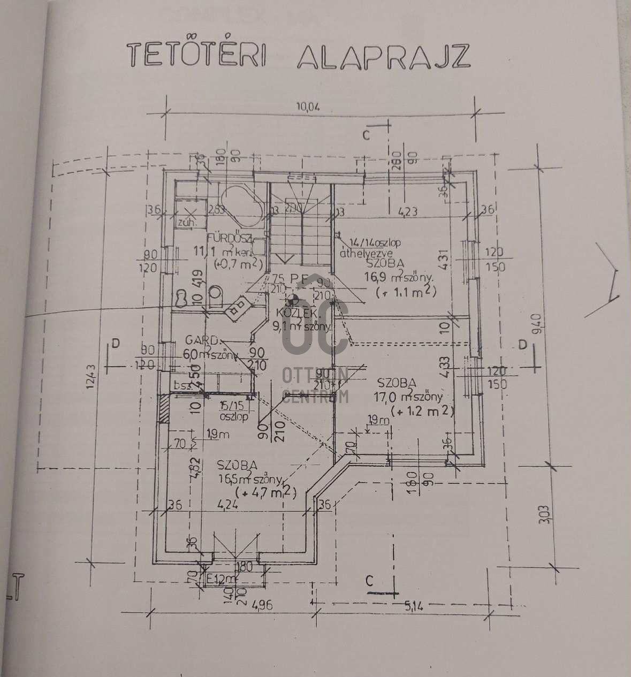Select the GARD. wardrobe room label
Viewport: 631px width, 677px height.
coord(202,340)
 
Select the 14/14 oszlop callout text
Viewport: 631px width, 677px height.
coord(374,242)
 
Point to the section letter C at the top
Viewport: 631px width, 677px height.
coord(366,135)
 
